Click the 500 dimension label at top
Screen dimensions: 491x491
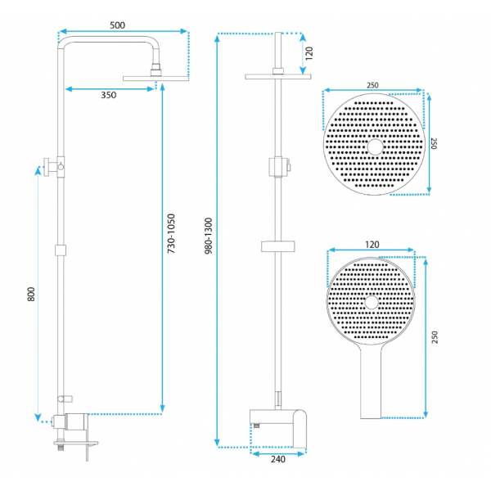coord(117,25)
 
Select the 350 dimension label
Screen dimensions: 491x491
coord(108,95)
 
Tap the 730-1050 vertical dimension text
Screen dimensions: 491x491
coord(171,233)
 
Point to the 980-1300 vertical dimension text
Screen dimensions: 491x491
coord(209,236)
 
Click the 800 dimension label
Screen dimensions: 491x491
coord(31,294)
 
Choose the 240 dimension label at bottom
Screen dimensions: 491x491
coord(278,459)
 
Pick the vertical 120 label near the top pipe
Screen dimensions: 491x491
coord(309,53)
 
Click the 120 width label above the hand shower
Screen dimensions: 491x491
coord(372,245)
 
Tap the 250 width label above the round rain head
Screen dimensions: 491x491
coord(372,85)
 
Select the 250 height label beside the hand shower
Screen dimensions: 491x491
coord(435,337)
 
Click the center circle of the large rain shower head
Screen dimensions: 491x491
coord(375,147)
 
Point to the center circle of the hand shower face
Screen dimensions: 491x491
coord(372,303)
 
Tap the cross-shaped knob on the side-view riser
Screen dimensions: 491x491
coord(50,167)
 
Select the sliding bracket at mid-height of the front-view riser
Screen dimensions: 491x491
coord(278,246)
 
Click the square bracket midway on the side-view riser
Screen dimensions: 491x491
coord(61,250)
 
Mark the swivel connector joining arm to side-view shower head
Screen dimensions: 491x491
coord(156,70)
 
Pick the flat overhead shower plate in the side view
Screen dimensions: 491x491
coord(156,79)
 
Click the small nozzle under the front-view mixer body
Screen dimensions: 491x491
coord(257,426)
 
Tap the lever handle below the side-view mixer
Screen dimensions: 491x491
coord(88,452)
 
